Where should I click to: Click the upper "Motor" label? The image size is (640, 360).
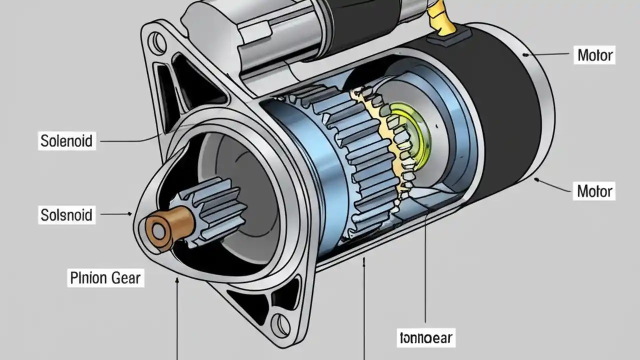(x=595, y=55)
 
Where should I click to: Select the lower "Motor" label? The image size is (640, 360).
(x=594, y=191)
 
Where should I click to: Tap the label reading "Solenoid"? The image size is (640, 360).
(x=66, y=141)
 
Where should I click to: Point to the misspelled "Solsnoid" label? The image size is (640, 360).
(x=66, y=215)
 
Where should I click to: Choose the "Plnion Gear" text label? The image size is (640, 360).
(x=105, y=278)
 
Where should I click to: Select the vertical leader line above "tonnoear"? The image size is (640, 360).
(x=425, y=270)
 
